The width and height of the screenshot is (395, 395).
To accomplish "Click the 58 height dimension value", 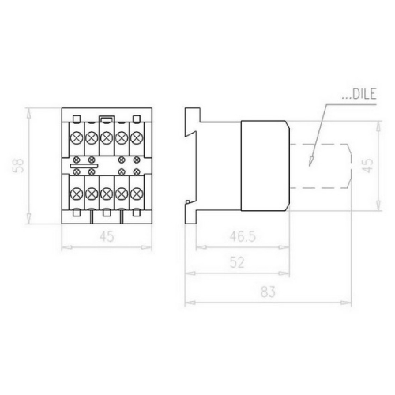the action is click(18, 166).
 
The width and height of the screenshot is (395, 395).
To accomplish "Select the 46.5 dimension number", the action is click(243, 236).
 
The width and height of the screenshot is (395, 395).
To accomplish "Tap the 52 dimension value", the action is click(237, 262).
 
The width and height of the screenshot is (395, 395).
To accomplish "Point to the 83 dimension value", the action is click(268, 292).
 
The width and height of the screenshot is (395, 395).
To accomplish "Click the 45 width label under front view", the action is click(107, 236).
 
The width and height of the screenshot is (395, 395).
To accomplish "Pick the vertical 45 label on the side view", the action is click(368, 166).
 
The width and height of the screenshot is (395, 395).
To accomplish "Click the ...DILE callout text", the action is click(359, 94).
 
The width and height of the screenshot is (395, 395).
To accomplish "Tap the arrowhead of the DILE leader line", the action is click(311, 161).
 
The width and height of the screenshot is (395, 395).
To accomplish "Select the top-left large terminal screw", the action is click(77, 137).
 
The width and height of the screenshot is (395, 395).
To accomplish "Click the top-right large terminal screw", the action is click(137, 137).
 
